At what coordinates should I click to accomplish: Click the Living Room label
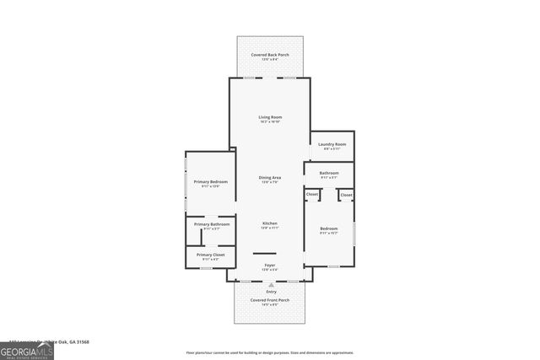[x=270, y=117]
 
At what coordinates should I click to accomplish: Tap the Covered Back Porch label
[x=270, y=55]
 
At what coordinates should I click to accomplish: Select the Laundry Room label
[x=332, y=144]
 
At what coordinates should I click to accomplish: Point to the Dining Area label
[x=270, y=177]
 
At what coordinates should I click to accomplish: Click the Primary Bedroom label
[x=211, y=182]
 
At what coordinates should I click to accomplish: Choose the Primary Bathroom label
[x=212, y=224]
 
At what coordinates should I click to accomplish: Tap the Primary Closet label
[x=211, y=255]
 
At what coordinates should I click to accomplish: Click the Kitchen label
[x=270, y=223]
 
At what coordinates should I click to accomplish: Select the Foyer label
[x=270, y=266]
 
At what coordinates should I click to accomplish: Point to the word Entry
[x=270, y=292]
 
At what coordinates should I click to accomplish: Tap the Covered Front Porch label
[x=270, y=300]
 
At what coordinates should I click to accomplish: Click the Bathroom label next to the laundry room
[x=328, y=173]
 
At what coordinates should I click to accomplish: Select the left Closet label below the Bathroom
[x=312, y=195]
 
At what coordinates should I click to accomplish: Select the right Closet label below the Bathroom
[x=346, y=195]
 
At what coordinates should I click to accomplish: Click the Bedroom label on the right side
[x=328, y=228]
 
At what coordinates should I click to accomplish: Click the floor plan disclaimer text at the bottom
[x=270, y=352]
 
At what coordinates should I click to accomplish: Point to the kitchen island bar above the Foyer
[x=265, y=253]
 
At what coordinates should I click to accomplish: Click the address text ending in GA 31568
[x=59, y=341]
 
